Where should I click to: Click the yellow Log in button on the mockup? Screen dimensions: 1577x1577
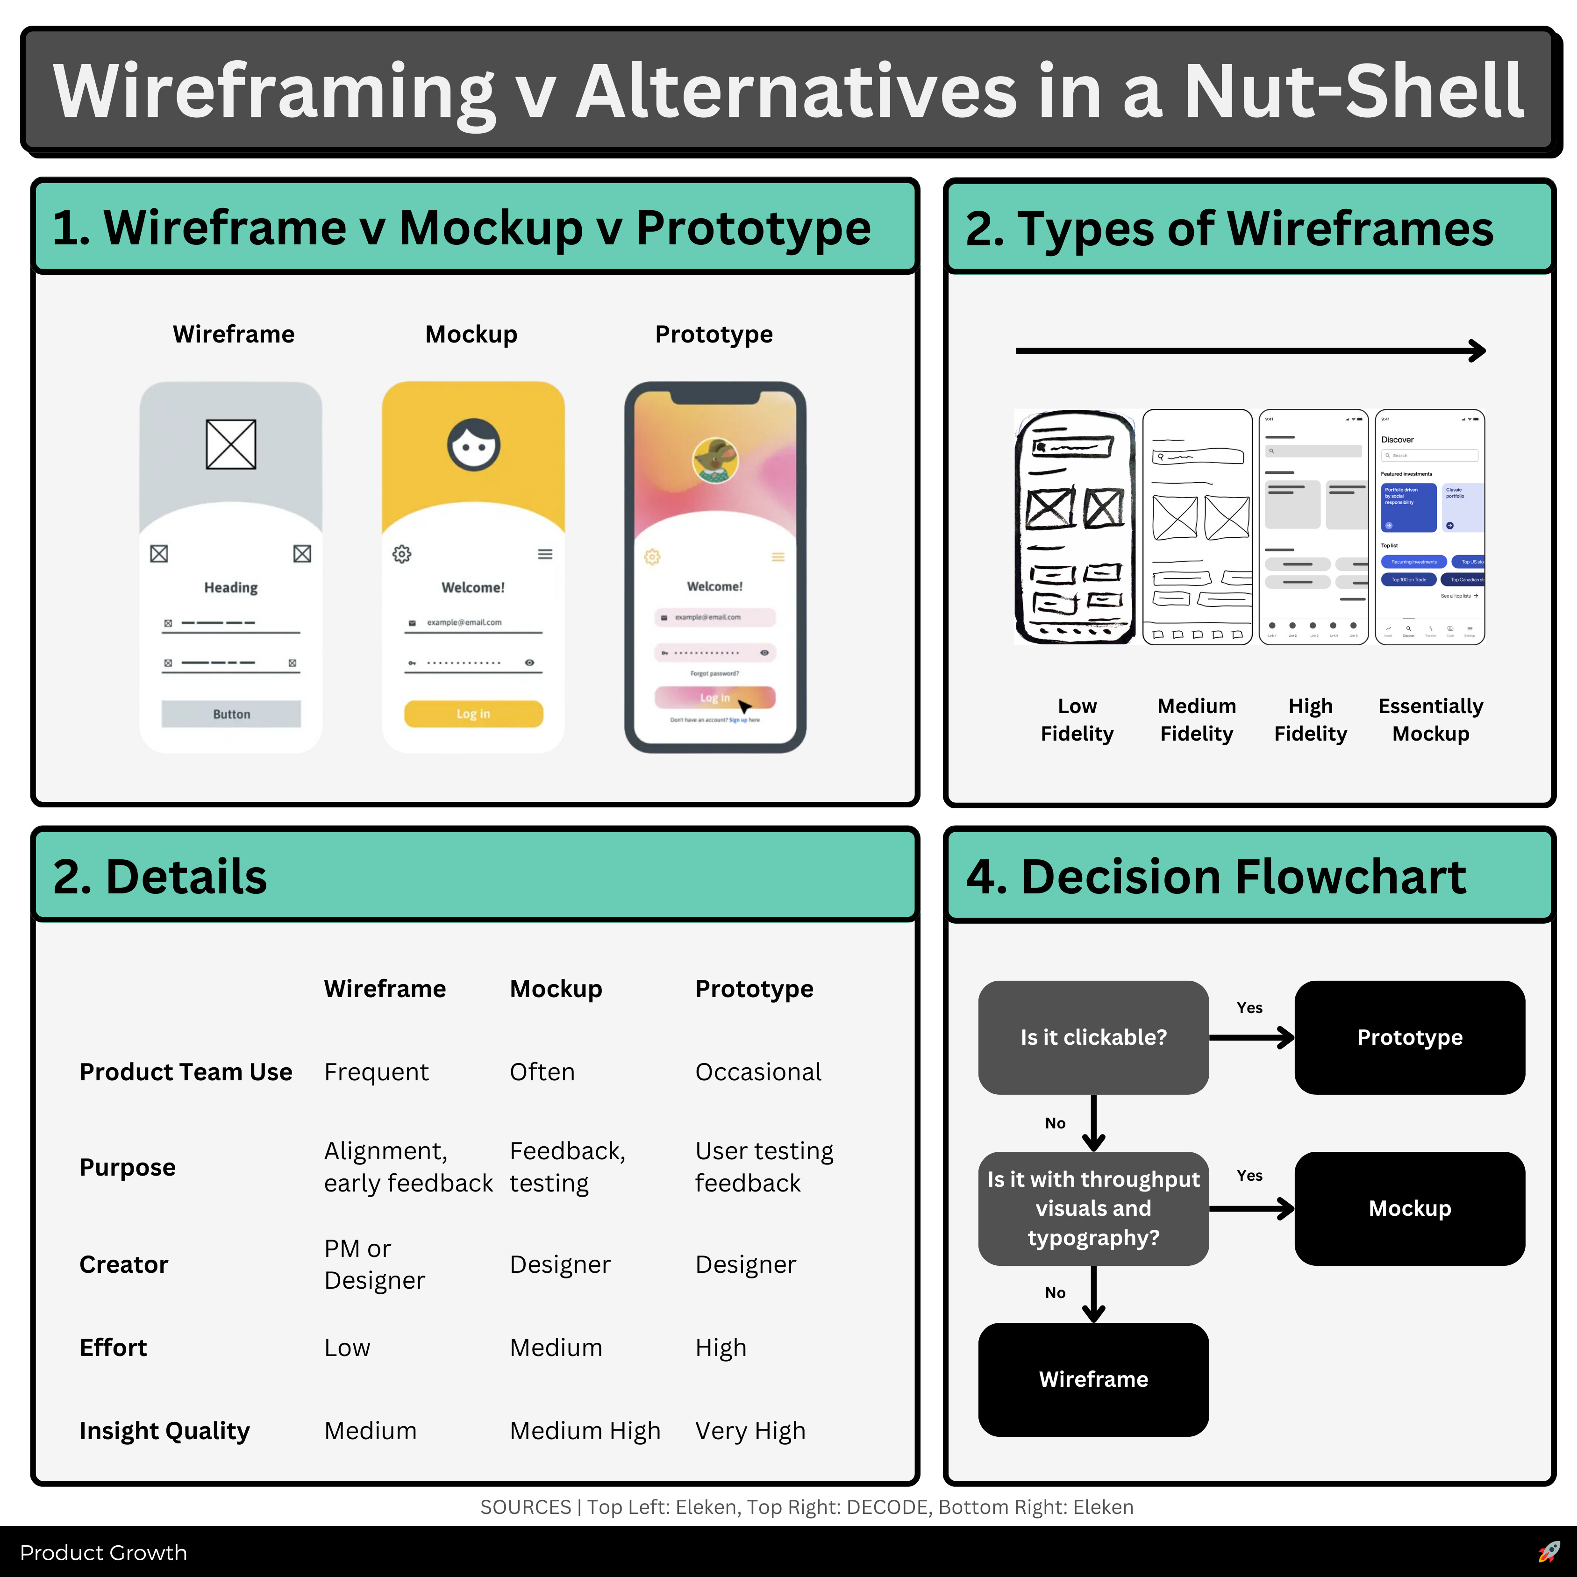pos(473,714)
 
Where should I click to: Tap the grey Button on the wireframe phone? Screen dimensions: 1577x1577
pos(231,714)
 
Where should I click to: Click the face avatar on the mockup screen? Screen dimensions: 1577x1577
pos(473,445)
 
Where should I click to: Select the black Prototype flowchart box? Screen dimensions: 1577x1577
pos(1410,1037)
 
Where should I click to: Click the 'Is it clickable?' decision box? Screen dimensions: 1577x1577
pos(1093,1037)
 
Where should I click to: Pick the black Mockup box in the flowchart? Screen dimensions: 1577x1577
pos(1410,1208)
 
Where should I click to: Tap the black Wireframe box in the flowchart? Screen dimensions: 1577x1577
pos(1093,1379)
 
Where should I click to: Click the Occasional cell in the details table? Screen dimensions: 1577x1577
pos(757,1072)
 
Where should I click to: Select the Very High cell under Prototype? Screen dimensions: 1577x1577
pos(750,1431)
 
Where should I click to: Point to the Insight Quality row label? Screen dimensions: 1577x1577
pos(164,1431)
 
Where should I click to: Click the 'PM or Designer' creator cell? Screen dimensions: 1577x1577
pos(374,1263)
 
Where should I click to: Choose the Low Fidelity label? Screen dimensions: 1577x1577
pos(1077,719)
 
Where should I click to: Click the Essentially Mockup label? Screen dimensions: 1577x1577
pos(1430,719)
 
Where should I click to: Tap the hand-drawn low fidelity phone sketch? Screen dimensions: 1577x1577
pos(1075,527)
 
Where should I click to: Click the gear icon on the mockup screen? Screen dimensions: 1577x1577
pos(401,554)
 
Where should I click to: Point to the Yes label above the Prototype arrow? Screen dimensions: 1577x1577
pos(1249,1008)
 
